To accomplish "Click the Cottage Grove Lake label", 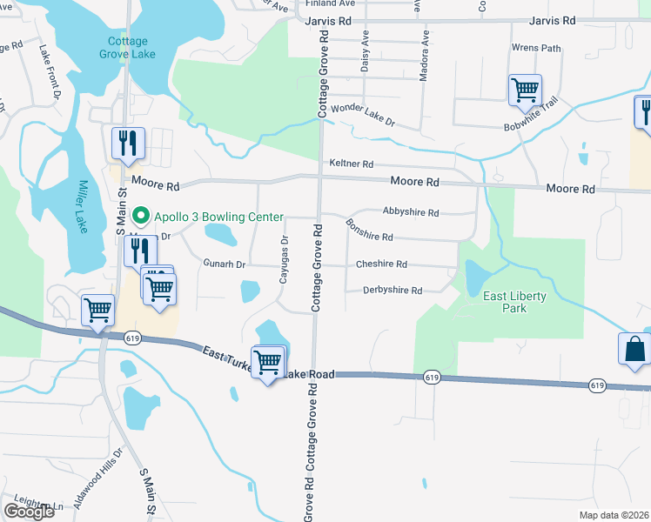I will tap(128, 48).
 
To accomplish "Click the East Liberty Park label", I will tap(515, 302).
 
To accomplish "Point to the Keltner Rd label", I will tap(351, 164).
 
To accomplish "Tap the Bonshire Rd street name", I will tap(369, 231).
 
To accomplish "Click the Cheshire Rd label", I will tap(381, 264).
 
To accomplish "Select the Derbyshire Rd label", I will tap(392, 291).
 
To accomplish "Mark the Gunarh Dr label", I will tap(225, 264).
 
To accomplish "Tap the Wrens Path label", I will tap(537, 48).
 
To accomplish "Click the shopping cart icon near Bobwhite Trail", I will tap(525, 89).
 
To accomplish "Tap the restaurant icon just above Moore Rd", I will tap(128, 143).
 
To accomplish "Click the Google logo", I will tap(29, 512).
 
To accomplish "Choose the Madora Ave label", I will tap(425, 57).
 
